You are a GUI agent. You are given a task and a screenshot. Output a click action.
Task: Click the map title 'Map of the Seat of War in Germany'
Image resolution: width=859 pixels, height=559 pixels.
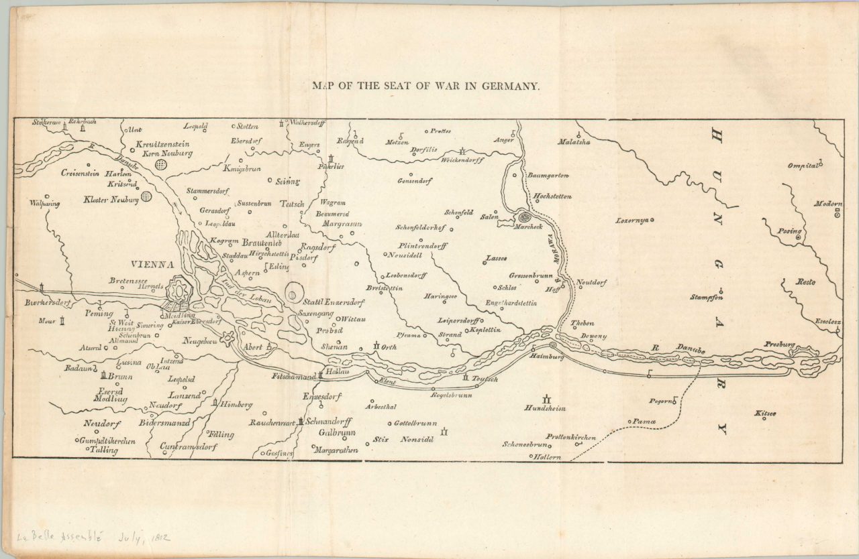pos(425,86)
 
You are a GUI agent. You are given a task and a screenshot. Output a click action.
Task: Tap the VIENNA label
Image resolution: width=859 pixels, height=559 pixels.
pos(152,264)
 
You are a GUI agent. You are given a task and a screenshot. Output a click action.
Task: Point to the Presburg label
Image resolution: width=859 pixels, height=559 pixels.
pos(779,345)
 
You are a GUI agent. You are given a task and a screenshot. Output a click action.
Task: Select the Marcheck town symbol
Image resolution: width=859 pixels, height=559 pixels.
pos(524,216)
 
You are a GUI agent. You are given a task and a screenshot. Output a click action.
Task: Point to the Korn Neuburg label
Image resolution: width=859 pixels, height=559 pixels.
pos(164,153)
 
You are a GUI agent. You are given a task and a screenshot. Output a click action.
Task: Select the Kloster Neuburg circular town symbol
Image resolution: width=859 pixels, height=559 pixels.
pos(146,196)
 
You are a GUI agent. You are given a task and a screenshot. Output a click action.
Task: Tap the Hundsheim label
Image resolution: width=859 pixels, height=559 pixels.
pos(545,408)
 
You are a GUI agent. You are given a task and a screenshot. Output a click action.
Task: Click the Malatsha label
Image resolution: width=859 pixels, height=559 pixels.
pos(574,141)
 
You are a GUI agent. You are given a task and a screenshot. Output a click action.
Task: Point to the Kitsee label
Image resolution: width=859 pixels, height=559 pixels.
pos(765,413)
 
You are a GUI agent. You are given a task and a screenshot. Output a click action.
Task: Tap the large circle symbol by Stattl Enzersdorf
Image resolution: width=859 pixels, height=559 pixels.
pos(293,292)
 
